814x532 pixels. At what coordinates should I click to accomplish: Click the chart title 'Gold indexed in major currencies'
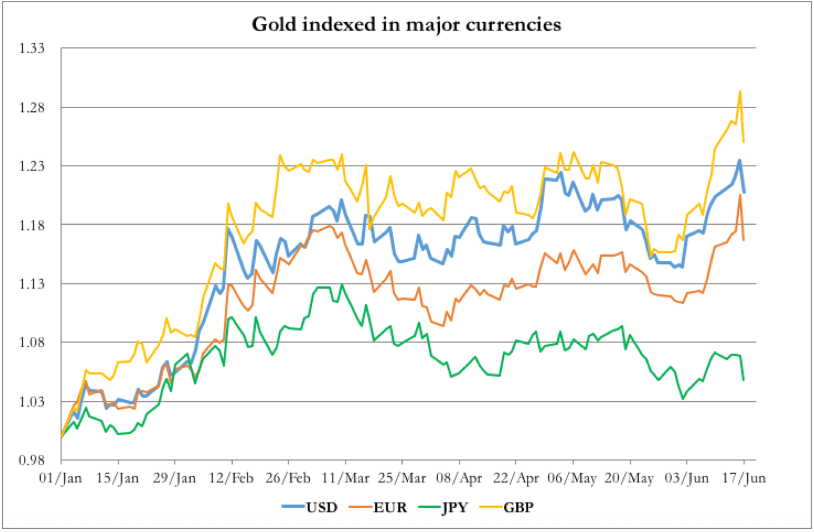(x=406, y=24)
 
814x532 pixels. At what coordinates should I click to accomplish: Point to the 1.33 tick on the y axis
(x=32, y=49)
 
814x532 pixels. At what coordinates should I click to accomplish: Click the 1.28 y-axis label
(x=32, y=108)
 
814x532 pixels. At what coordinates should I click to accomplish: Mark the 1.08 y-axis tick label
(x=32, y=343)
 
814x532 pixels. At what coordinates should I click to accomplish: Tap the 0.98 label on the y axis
(x=32, y=460)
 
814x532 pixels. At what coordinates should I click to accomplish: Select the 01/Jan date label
(x=60, y=478)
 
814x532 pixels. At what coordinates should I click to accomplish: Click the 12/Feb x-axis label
(x=231, y=478)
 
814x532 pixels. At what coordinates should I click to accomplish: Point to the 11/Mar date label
(x=345, y=478)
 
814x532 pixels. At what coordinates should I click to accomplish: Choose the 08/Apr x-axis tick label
(x=459, y=478)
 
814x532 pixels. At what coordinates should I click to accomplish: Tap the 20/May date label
(x=629, y=478)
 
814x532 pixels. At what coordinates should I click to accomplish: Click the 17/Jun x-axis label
(x=743, y=478)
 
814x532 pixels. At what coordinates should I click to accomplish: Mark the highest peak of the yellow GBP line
(x=739, y=91)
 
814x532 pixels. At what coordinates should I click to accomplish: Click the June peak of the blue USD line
(x=739, y=160)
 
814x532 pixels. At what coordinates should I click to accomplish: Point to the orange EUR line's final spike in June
(x=739, y=195)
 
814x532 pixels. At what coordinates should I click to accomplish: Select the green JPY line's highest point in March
(x=342, y=285)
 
